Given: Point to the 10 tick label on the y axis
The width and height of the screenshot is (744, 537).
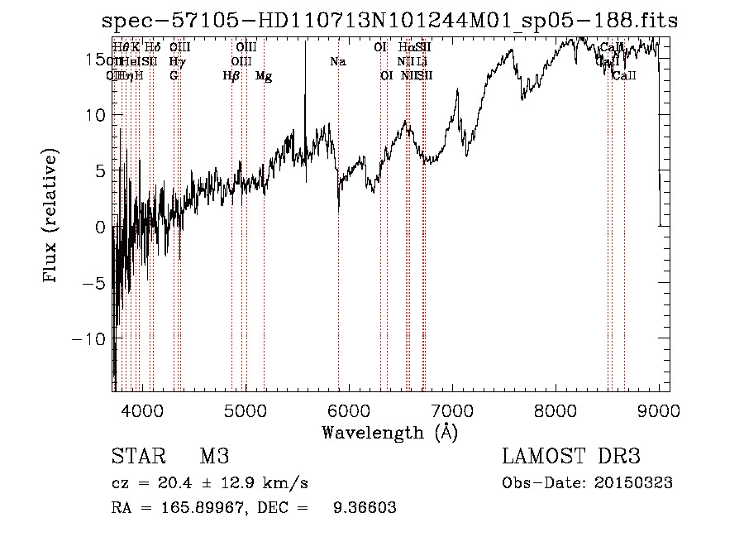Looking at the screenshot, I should (96, 115).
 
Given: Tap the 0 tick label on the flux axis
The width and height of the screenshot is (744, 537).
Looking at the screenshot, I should (101, 227).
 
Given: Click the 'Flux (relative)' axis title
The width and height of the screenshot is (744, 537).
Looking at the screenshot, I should (51, 217).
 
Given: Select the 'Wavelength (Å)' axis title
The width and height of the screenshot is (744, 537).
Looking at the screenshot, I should (389, 432).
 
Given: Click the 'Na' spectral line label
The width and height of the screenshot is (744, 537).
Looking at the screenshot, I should (337, 61).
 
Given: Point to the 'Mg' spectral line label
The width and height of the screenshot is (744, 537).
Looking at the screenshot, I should (264, 76).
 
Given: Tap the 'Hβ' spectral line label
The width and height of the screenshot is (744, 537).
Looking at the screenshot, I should (231, 76).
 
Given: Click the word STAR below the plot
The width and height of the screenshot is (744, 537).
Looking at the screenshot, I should (136, 457).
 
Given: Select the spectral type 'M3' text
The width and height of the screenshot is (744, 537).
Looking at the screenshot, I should (213, 457).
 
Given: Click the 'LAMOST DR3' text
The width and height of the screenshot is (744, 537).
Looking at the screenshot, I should (571, 457).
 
